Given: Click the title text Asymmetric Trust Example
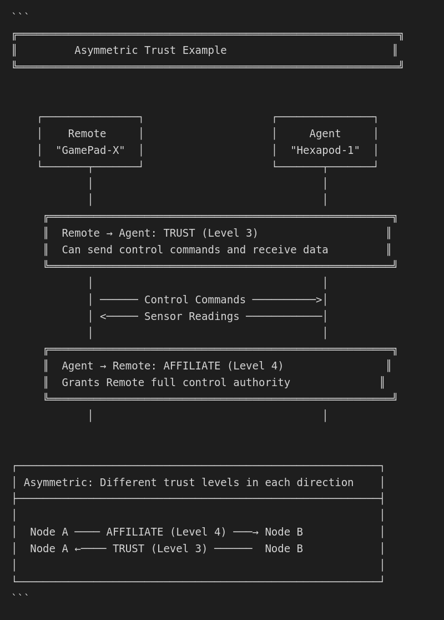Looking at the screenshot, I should (x=150, y=51).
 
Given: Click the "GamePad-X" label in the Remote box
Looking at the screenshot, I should (x=90, y=151).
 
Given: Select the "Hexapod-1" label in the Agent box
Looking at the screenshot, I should (x=325, y=151).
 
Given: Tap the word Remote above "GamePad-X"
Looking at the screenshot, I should (x=87, y=134).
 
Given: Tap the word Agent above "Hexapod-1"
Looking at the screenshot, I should (x=325, y=134).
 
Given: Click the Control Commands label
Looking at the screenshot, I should (x=195, y=300).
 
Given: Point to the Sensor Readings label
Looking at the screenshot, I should (x=191, y=317).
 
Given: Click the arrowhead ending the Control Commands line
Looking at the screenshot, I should (x=319, y=300).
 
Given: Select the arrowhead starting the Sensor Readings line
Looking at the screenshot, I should (x=103, y=317).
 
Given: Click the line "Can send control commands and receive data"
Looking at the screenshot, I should (x=195, y=250).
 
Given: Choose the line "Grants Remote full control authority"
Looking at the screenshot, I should (x=176, y=383).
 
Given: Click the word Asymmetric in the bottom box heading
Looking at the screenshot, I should (x=56, y=483).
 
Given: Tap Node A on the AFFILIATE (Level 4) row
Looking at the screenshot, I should (x=49, y=532).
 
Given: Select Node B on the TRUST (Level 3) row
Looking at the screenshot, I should (x=284, y=549).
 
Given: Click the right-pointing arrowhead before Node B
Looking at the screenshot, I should (x=255, y=532).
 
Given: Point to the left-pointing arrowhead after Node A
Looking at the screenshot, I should (x=78, y=549).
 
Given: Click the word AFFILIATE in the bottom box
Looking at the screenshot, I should (x=135, y=532).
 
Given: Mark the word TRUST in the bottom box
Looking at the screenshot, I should (x=128, y=549).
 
